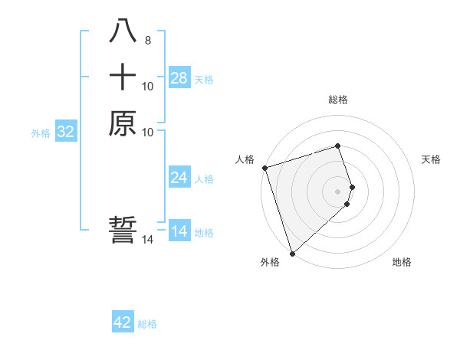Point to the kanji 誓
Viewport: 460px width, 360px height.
123,230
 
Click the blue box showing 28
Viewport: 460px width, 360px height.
179,78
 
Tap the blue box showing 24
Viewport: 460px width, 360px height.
179,178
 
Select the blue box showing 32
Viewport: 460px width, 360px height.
66,132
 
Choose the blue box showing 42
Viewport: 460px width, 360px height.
123,322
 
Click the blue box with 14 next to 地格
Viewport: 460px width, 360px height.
179,231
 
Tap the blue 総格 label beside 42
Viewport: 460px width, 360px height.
147,324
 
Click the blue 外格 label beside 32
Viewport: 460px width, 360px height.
41,133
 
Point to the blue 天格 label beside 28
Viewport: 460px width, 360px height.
204,79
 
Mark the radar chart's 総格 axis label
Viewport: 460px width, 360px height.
338,100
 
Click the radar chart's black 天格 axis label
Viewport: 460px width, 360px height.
432,159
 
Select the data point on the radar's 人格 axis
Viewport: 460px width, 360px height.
264,168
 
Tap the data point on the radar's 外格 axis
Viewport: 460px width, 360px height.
292,253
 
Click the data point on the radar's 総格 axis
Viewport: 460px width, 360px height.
338,146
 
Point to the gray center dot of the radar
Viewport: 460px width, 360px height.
338,191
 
